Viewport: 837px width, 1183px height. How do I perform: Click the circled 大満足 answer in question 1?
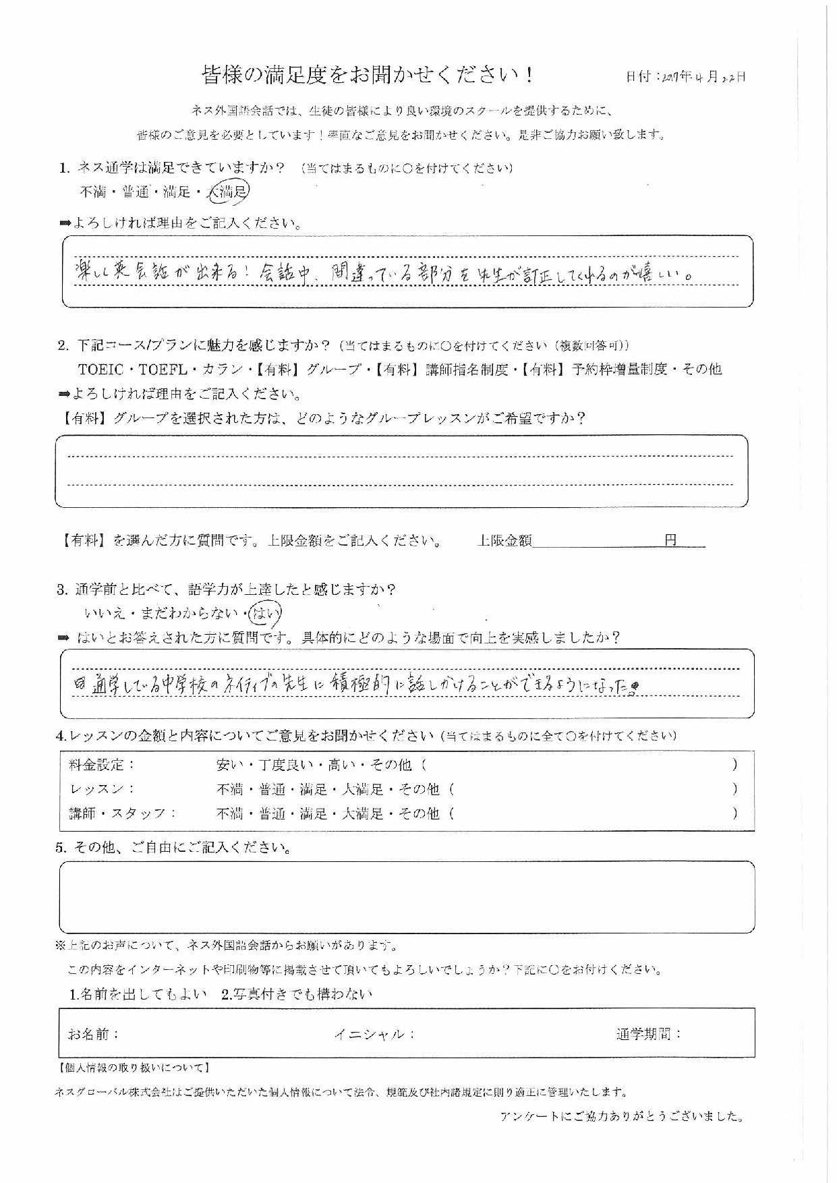229,192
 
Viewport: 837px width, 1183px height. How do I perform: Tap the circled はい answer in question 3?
265,613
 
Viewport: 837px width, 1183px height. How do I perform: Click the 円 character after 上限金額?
670,540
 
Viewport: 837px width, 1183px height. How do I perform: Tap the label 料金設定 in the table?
102,765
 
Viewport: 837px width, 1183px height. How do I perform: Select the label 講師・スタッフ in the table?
122,813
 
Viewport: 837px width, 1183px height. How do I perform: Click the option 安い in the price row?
229,765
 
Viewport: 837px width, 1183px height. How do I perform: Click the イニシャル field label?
374,1034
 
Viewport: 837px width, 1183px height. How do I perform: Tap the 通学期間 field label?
648,1034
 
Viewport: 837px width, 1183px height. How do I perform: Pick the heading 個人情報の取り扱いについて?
134,1068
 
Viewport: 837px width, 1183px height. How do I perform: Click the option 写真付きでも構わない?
297,994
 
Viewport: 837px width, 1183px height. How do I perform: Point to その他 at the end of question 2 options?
701,369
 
